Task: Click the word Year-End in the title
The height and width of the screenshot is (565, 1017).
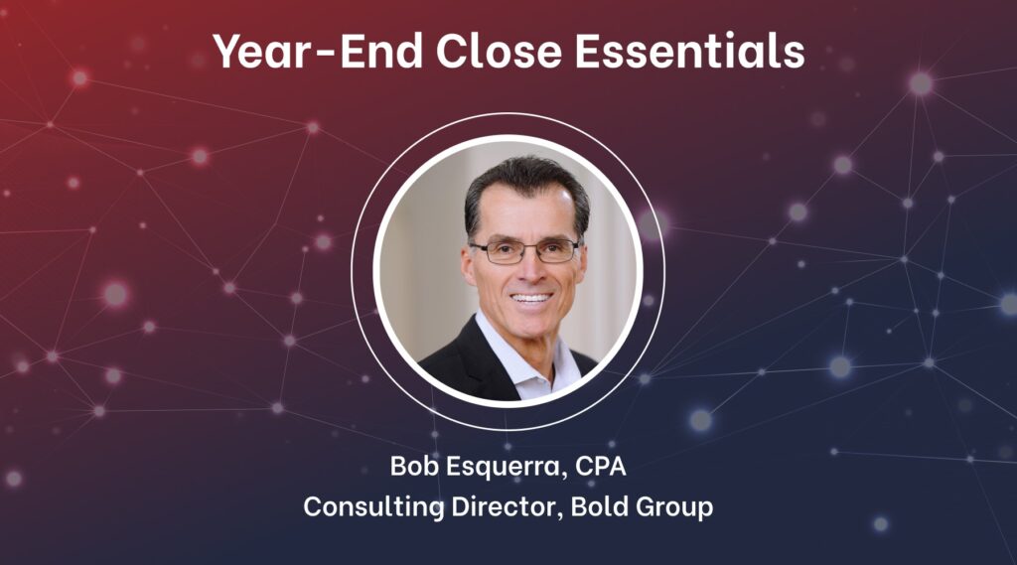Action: click(x=318, y=51)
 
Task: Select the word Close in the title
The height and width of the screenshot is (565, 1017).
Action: click(x=499, y=51)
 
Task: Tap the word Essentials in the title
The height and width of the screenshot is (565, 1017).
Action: click(x=689, y=51)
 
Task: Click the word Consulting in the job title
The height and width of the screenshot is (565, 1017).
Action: click(x=373, y=507)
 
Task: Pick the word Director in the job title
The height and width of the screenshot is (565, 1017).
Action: click(x=504, y=506)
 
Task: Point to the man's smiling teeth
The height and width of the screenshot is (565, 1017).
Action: click(x=530, y=299)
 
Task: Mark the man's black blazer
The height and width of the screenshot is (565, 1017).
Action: click(x=467, y=366)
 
